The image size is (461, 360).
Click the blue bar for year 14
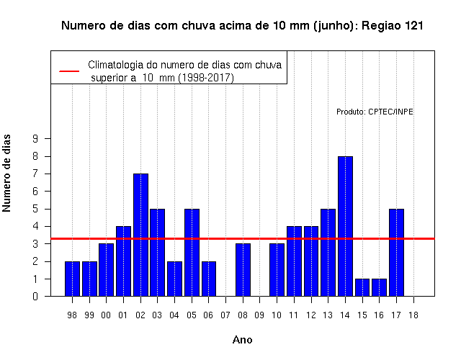tap(345, 226)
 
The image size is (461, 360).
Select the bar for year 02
tap(140, 235)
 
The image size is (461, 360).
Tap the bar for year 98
tap(72, 279)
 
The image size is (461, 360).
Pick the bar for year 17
tap(396, 253)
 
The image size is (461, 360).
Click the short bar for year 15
tap(362, 287)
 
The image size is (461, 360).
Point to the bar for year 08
tap(243, 270)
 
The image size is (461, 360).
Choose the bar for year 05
tap(192, 253)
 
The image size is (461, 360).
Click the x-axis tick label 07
tap(225, 315)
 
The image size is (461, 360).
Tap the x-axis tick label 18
tap(413, 315)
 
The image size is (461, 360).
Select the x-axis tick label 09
tap(259, 315)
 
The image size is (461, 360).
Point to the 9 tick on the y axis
tap(35, 138)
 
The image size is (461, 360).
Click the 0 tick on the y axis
tap(35, 296)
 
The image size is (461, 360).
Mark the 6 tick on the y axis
tap(35, 192)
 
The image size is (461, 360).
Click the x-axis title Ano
tap(242, 340)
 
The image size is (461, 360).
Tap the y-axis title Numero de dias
tap(6, 173)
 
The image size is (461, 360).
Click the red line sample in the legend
tap(69, 71)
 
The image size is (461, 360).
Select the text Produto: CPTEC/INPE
tap(375, 112)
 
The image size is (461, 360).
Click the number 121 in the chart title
tap(414, 26)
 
